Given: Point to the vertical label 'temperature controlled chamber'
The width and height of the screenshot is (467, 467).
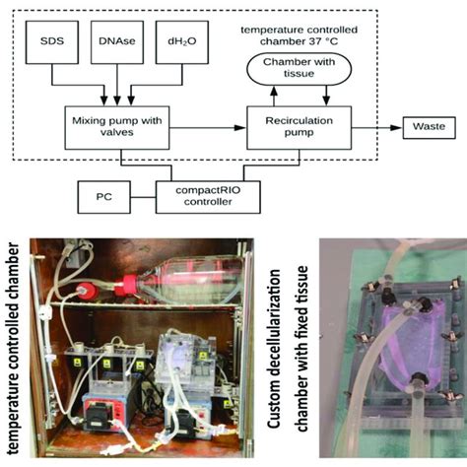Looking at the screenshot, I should (14, 345).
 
